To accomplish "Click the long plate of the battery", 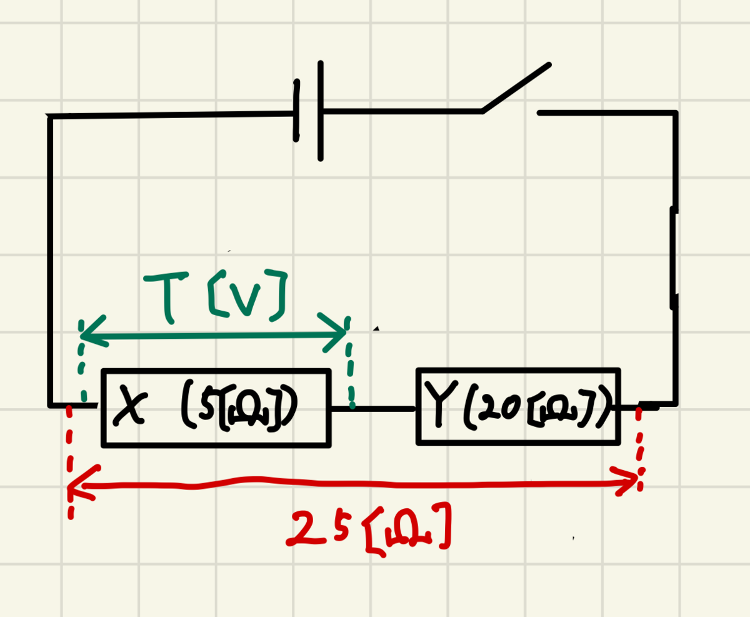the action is click(321, 111).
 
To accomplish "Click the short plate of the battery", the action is click(296, 111).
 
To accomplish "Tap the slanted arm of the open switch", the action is click(516, 88).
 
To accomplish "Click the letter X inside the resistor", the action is click(130, 406).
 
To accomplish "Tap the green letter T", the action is click(166, 297).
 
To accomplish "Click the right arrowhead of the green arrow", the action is click(332, 333).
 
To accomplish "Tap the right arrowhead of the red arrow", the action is click(625, 481).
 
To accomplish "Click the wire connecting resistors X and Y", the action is click(373, 409).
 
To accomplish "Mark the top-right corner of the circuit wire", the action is click(675, 113).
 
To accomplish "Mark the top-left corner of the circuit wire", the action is click(50, 117).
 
